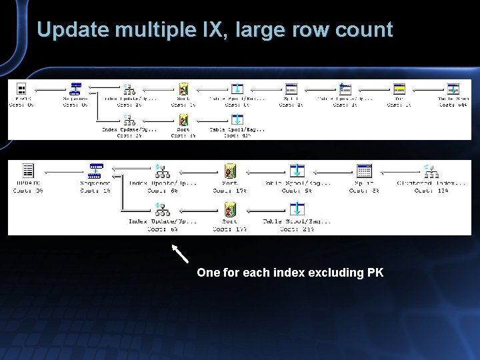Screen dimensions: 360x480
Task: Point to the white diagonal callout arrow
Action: (180, 253)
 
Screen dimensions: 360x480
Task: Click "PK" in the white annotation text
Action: (375, 273)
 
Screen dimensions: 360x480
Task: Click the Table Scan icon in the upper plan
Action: (453, 89)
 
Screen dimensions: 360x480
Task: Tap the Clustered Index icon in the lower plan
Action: (427, 171)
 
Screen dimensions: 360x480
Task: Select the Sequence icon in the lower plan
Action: (96, 171)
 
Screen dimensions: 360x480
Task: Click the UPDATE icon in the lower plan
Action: (28, 171)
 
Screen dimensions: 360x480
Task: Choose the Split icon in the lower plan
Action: (364, 171)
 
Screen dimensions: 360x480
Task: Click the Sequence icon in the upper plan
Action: (75, 89)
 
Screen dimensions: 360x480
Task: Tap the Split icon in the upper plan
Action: (291, 89)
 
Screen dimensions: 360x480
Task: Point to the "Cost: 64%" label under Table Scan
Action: (453, 105)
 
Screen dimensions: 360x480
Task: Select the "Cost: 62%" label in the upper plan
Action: (237, 135)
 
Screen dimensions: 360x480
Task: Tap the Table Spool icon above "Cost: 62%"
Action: (237, 120)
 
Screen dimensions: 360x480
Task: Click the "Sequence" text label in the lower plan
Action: (95, 183)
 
